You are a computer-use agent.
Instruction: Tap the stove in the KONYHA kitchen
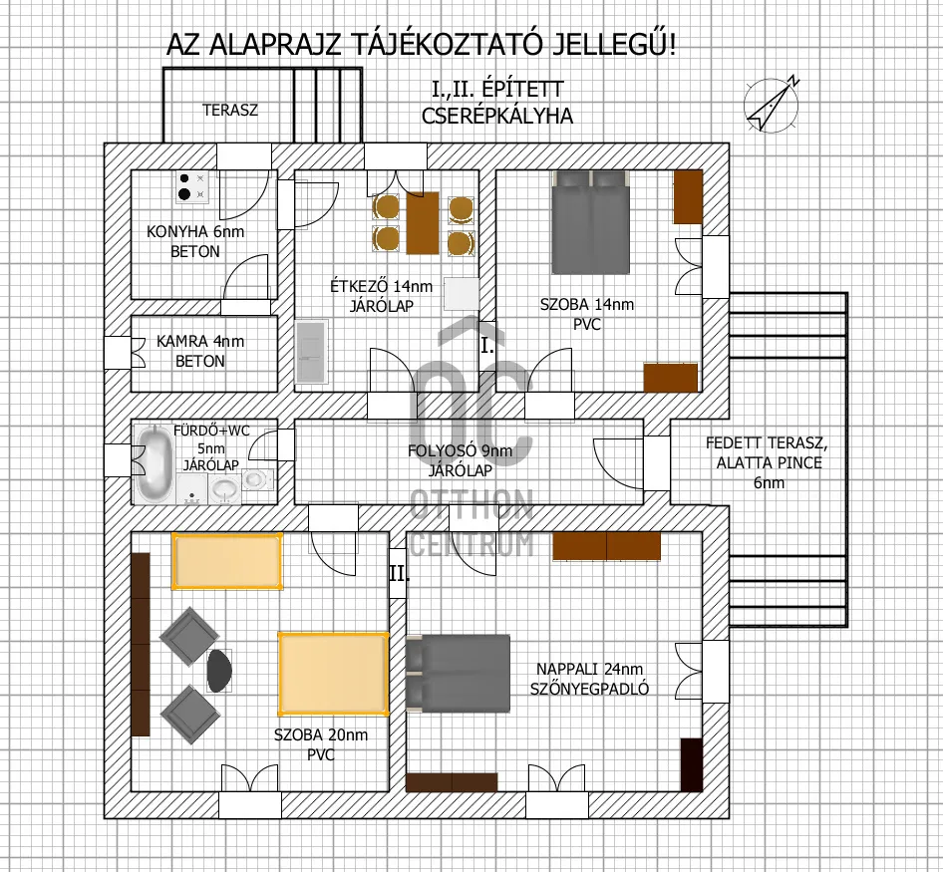191,186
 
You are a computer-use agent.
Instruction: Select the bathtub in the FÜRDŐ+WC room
157,463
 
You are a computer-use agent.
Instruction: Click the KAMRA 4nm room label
199,351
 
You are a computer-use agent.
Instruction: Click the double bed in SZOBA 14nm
591,222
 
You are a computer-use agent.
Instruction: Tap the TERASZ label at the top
229,110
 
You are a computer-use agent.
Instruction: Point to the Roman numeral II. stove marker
398,575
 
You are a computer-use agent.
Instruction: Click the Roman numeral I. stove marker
487,347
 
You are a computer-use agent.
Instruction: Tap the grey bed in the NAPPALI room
458,673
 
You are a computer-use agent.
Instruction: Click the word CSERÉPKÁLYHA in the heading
497,117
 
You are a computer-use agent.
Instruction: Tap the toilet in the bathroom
256,479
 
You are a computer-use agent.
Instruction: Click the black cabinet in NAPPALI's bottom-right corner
691,764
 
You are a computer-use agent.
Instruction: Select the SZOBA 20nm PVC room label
321,745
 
